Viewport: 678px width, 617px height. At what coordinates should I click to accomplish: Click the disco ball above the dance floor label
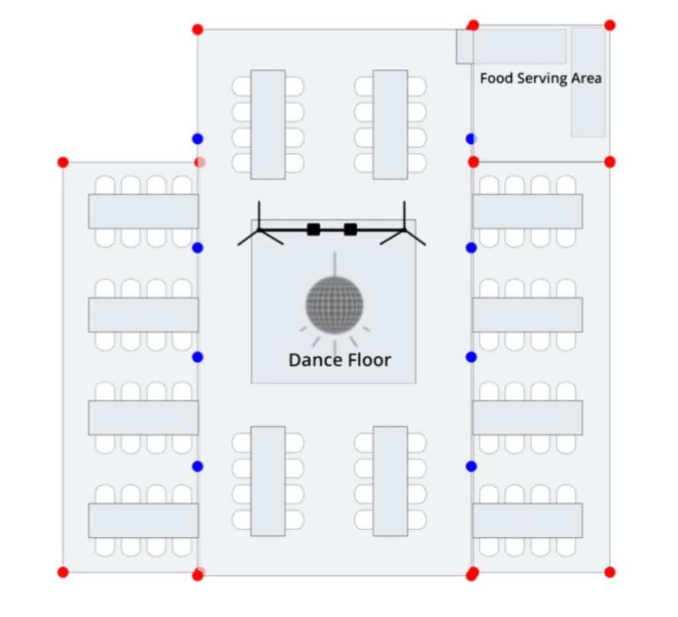click(334, 305)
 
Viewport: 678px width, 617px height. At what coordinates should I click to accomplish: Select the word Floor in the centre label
click(369, 361)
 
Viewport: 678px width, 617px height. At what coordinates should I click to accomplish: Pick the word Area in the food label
click(587, 78)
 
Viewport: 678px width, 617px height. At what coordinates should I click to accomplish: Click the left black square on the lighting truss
click(314, 229)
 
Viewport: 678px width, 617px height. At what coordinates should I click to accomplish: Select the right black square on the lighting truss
click(350, 229)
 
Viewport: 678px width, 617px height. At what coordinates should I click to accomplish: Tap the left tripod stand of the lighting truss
click(260, 228)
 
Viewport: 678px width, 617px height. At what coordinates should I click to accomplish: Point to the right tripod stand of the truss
click(404, 228)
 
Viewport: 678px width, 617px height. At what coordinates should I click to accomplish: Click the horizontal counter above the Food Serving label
click(511, 46)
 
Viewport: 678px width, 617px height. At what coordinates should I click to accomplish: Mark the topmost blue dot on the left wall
click(197, 139)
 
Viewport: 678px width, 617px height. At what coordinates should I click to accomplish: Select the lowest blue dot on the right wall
click(471, 467)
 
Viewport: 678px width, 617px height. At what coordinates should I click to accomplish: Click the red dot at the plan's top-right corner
click(610, 25)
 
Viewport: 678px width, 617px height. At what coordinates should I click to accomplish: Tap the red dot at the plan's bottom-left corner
click(63, 572)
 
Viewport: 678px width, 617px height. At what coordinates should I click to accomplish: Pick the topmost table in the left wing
click(144, 211)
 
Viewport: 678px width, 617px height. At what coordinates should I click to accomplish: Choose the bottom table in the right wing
click(528, 520)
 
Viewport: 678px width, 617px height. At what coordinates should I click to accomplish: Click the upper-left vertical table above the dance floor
click(268, 125)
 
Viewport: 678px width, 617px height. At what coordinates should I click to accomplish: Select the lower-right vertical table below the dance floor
click(390, 480)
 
